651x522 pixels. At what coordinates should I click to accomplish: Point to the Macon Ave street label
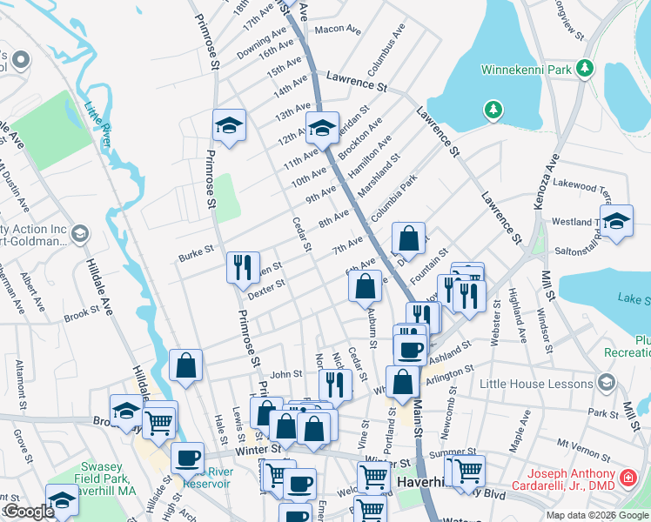(x=338, y=30)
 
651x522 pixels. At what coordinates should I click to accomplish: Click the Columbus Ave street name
(x=386, y=49)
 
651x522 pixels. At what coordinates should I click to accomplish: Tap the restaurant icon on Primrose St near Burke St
(x=242, y=265)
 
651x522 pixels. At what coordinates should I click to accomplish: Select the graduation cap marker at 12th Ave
(x=322, y=127)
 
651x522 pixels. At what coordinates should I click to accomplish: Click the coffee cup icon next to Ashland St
(x=409, y=348)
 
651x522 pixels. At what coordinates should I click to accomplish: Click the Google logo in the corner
(x=29, y=512)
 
